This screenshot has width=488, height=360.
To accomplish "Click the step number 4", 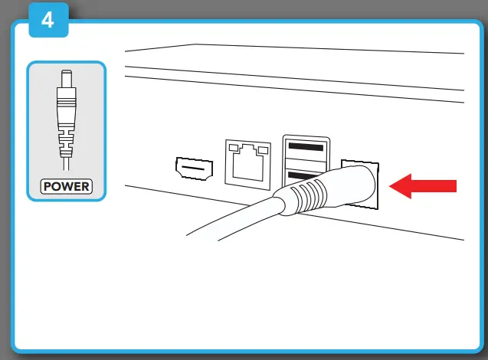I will (x=47, y=20).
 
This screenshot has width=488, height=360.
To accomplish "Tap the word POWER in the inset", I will (x=67, y=185).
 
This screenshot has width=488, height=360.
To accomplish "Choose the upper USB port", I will (x=306, y=147).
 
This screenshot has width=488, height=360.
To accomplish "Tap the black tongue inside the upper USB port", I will (x=306, y=146).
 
